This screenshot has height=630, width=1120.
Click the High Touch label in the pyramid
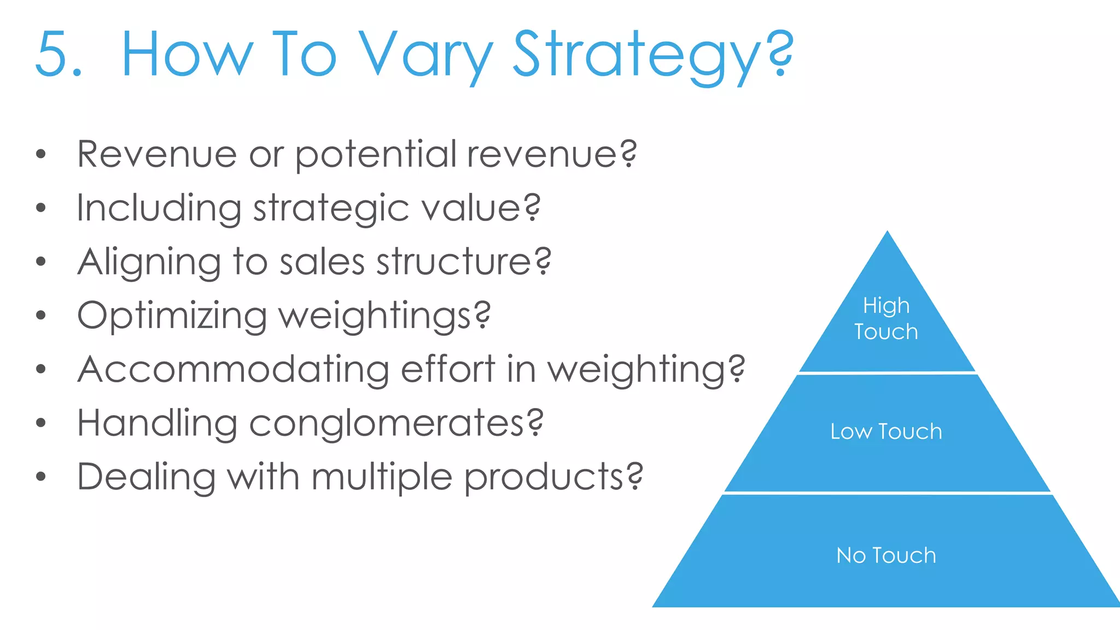click(886, 319)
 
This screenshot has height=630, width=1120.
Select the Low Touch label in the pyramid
click(886, 432)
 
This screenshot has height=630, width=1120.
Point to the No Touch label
click(886, 556)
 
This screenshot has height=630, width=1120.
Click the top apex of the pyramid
click(887, 234)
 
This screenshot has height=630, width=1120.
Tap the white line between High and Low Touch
click(887, 373)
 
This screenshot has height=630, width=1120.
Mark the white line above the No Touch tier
click(887, 493)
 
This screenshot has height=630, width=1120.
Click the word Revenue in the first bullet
click(156, 154)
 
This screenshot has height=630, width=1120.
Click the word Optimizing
click(172, 316)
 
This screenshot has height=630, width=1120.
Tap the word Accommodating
click(233, 369)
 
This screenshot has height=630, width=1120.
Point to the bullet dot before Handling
click(40, 423)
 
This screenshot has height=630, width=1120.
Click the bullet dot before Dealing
click(40, 476)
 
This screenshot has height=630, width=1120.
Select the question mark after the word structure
click(542, 261)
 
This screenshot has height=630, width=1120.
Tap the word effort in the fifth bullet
click(448, 369)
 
